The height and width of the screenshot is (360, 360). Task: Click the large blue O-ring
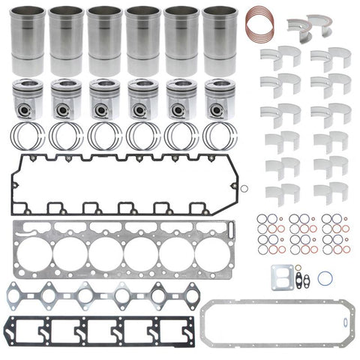pos(324,277)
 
